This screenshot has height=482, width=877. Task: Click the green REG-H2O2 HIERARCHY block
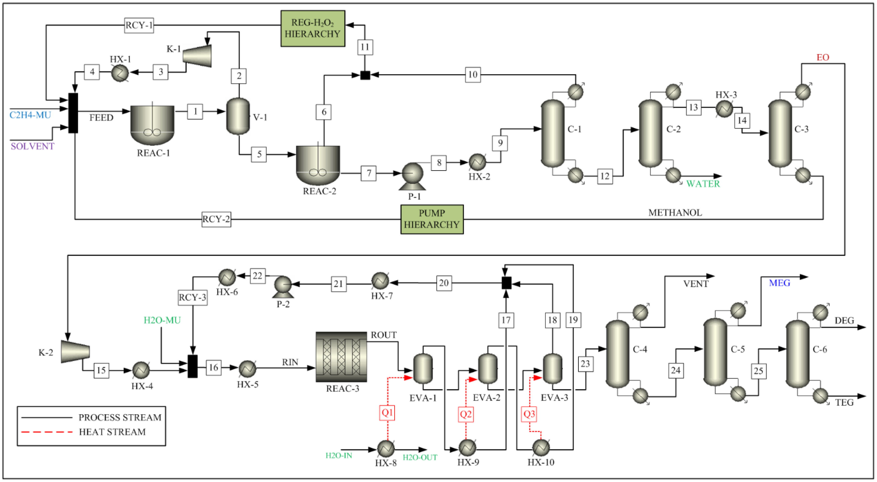click(x=313, y=29)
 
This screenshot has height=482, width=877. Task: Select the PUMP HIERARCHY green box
click(x=432, y=219)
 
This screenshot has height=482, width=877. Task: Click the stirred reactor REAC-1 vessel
click(x=152, y=124)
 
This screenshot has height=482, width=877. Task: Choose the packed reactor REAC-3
click(x=341, y=357)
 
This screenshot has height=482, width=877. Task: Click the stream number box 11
click(x=365, y=47)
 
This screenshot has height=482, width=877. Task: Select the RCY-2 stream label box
click(x=216, y=219)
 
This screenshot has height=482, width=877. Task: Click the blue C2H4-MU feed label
click(x=30, y=115)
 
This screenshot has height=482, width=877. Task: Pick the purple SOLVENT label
click(x=32, y=146)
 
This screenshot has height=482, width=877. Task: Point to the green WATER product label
click(x=703, y=184)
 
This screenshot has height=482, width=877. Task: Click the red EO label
click(x=822, y=57)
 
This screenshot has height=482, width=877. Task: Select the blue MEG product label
click(x=779, y=283)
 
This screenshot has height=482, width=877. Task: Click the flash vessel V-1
click(x=238, y=116)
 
